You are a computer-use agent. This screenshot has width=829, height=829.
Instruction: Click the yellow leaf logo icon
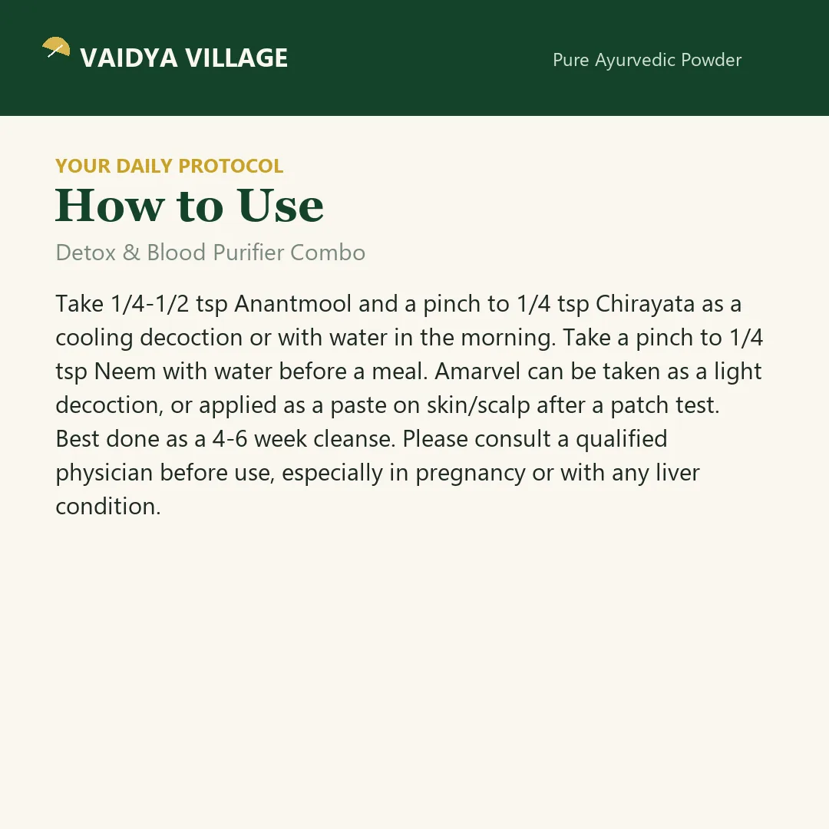[x=56, y=47]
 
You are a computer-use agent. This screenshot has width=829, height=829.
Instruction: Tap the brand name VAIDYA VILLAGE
[x=184, y=58]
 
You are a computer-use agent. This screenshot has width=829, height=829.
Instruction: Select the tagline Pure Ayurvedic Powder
[x=647, y=61]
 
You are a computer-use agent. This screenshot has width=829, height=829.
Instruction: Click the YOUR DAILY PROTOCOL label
[x=169, y=166]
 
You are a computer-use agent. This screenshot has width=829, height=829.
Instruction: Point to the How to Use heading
[x=190, y=205]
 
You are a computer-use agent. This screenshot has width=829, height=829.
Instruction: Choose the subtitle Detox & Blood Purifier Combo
[x=210, y=253]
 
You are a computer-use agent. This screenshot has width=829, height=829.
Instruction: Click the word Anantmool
[x=293, y=304]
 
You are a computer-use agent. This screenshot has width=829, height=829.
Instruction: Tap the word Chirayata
[x=645, y=305]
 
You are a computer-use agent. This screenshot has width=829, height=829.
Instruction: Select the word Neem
[x=125, y=372]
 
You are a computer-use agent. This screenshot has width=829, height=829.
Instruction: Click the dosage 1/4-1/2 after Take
[x=150, y=304]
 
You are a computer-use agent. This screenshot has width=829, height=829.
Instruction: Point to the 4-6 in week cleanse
[x=230, y=439]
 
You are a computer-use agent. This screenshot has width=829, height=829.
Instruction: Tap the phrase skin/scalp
[x=478, y=405]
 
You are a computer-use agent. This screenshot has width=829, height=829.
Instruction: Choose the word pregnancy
[x=470, y=474]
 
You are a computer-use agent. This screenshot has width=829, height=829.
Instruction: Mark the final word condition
[x=108, y=507]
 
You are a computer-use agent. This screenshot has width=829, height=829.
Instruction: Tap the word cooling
[x=94, y=339]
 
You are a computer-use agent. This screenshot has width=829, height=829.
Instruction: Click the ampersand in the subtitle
[x=131, y=253]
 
